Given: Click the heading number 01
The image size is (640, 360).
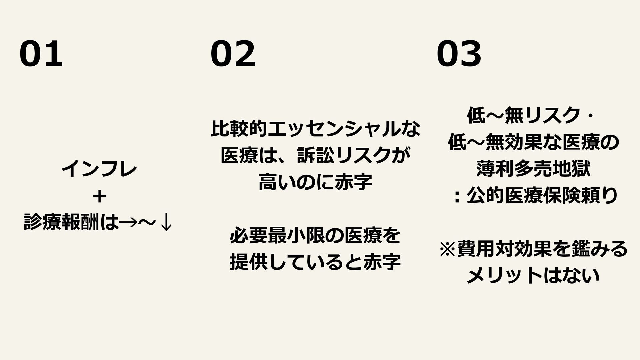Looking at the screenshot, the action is [x=41, y=54].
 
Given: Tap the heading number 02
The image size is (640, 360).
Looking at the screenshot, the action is [x=233, y=54].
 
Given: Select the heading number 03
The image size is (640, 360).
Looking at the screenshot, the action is [x=459, y=54].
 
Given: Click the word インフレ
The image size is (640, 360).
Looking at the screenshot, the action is [x=99, y=170].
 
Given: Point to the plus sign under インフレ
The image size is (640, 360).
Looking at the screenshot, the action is [x=100, y=197].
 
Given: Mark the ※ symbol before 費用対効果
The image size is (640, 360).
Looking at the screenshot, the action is [x=448, y=249].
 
